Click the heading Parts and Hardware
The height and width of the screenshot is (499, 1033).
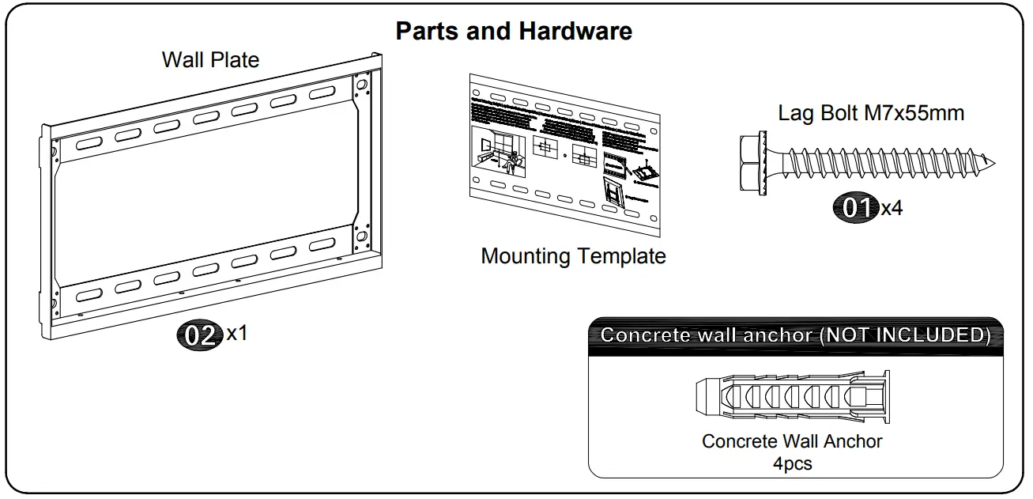(514, 31)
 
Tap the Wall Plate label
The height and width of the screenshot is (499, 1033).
(210, 59)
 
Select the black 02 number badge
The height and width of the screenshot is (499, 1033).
(199, 335)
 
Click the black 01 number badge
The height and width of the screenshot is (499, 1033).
(857, 208)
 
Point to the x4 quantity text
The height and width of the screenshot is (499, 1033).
(892, 209)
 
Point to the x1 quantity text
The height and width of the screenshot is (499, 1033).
(237, 333)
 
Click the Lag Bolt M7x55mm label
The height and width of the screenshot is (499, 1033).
(871, 113)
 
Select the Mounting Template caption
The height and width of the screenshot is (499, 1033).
(573, 256)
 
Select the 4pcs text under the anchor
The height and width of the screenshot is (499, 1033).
(792, 463)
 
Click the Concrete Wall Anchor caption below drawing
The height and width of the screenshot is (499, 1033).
(792, 441)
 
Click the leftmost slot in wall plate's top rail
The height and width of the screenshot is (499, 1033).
(89, 145)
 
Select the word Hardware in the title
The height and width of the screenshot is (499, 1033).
(575, 31)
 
